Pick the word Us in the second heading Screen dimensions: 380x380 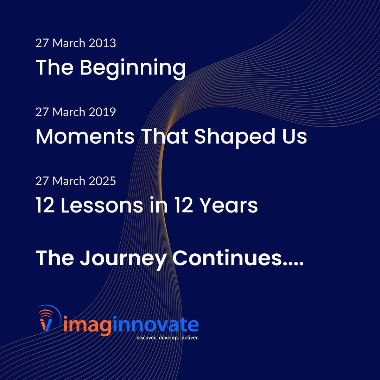click(x=294, y=137)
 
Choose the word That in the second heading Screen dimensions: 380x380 click(x=165, y=137)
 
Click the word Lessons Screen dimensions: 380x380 click(x=102, y=206)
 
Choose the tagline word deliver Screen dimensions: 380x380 click(x=191, y=338)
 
